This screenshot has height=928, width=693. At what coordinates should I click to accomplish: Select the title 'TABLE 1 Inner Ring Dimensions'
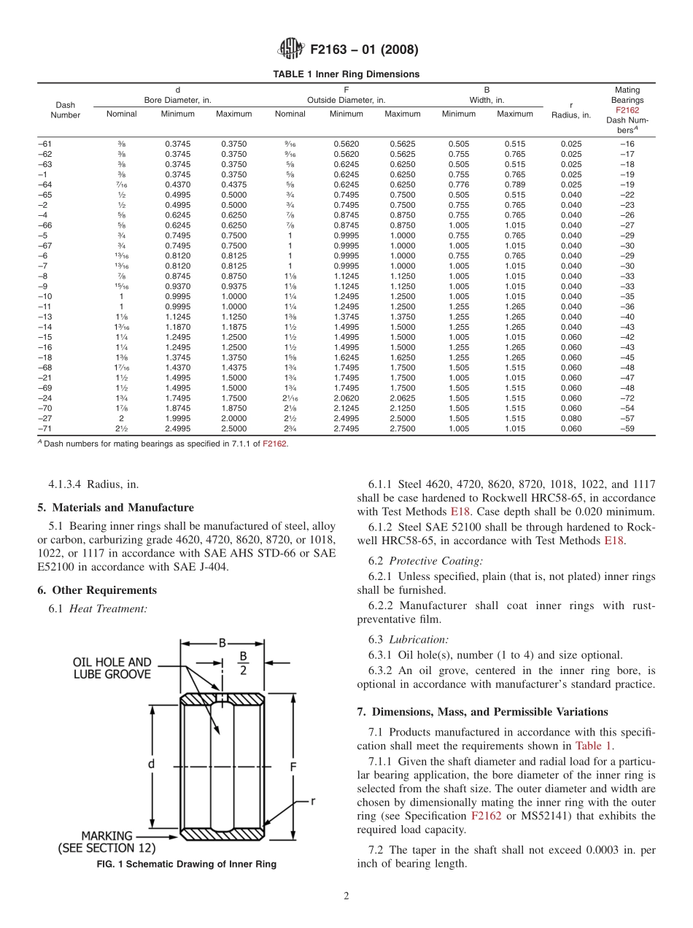tap(346, 74)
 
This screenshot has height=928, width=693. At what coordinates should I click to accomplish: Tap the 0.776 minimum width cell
tap(459, 185)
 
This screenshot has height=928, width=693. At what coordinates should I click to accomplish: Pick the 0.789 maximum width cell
tap(515, 185)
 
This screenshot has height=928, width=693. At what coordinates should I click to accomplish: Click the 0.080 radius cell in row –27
tap(571, 419)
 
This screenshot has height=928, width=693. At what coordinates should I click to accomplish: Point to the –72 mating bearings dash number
tap(627, 398)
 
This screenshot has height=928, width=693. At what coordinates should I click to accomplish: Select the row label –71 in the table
tap(45, 429)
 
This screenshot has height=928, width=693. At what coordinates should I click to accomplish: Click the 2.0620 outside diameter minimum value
tap(346, 398)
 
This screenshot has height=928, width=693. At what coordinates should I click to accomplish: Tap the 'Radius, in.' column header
tap(571, 115)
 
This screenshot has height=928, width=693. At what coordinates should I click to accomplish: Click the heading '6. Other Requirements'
tap(97, 589)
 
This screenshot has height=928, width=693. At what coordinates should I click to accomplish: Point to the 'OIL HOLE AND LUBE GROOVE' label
tap(112, 668)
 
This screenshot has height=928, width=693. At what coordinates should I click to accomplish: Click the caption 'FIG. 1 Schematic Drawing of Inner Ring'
tap(187, 865)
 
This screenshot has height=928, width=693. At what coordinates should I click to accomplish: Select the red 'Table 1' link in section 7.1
tap(594, 746)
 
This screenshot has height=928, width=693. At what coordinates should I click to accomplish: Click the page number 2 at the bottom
tap(346, 897)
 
